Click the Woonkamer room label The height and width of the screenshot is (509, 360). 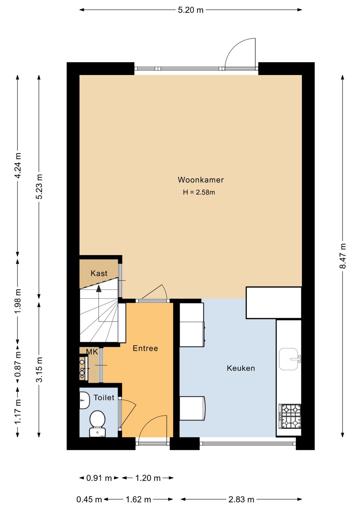coord(201,180)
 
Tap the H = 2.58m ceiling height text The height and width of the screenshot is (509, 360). coord(199,192)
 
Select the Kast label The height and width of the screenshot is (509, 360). coord(99,273)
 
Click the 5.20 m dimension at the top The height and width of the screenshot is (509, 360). coord(191,10)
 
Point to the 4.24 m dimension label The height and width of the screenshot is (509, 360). coord(18,165)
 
